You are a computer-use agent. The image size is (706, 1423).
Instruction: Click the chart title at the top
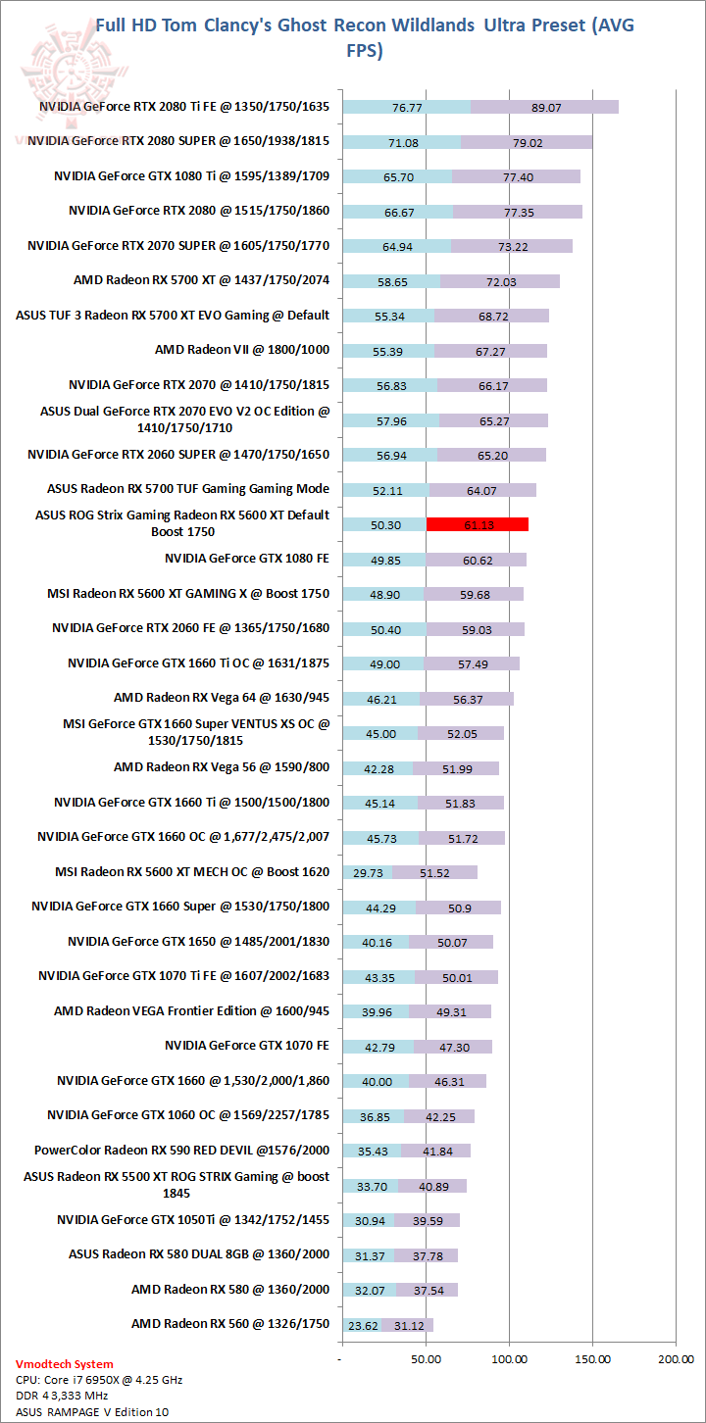pyautogui.click(x=364, y=37)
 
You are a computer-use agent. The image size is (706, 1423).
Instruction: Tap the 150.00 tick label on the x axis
pyautogui.click(x=592, y=1359)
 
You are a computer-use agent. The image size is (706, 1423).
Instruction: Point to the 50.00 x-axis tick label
pyautogui.click(x=426, y=1359)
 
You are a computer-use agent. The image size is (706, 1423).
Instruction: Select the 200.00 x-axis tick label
pyautogui.click(x=675, y=1359)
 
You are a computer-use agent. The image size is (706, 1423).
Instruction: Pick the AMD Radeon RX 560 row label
pyautogui.click(x=230, y=1324)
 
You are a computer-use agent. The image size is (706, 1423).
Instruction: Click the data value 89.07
pyautogui.click(x=545, y=108)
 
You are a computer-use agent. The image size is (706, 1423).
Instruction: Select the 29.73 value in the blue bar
pyautogui.click(x=367, y=872)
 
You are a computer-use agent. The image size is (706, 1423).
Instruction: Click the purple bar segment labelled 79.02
pyautogui.click(x=527, y=142)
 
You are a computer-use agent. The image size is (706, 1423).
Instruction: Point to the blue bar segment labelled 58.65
pyautogui.click(x=391, y=281)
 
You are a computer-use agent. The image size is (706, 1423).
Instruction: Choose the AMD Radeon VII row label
pyautogui.click(x=242, y=349)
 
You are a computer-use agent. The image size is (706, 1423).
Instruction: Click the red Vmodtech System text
pyautogui.click(x=65, y=1364)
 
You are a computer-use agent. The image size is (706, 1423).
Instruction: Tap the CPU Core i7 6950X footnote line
pyautogui.click(x=99, y=1380)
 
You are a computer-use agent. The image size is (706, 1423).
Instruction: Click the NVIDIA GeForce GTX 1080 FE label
pyautogui.click(x=247, y=559)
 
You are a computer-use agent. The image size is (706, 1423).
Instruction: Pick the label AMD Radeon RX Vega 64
pyautogui.click(x=222, y=698)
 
